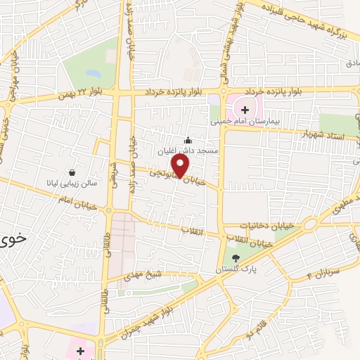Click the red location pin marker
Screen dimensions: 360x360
click(181, 166)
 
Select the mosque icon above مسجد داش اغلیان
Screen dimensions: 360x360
click(187, 140)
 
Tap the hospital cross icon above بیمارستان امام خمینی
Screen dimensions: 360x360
click(245, 110)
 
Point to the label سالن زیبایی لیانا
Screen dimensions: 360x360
click(80, 183)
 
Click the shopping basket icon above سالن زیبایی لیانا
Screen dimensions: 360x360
click(72, 172)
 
